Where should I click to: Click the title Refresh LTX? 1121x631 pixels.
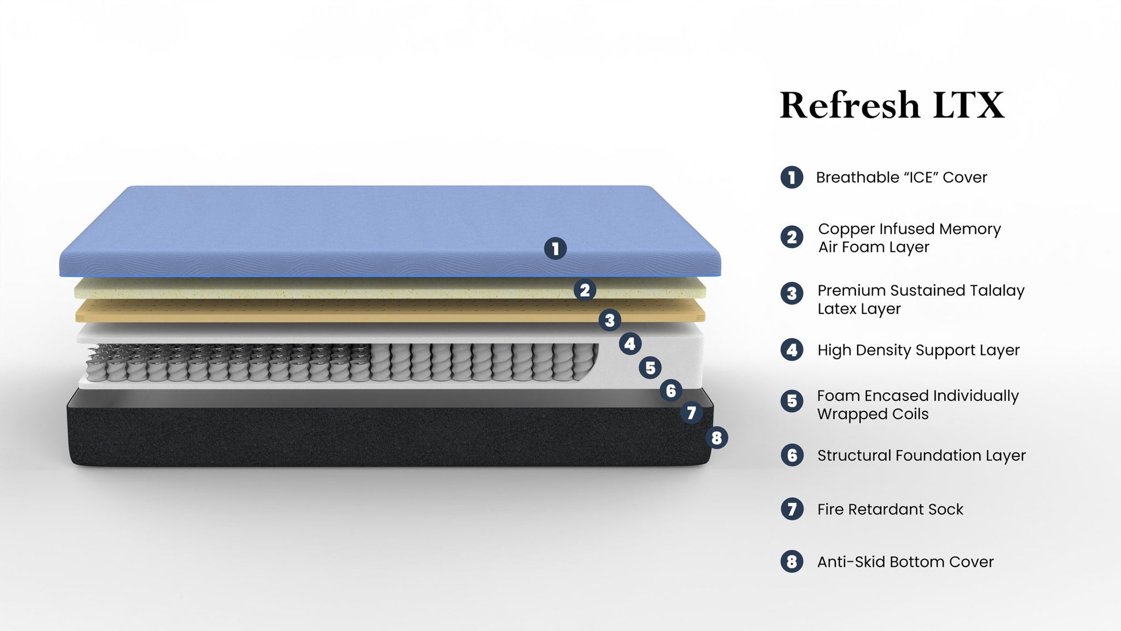click(x=891, y=105)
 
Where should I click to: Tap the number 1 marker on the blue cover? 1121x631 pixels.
click(x=555, y=249)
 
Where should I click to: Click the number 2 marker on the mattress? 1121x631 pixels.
click(x=585, y=290)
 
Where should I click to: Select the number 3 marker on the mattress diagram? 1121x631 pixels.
click(x=609, y=320)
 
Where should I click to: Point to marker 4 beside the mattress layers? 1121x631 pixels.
click(x=630, y=344)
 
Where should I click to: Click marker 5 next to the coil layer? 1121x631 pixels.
click(x=650, y=368)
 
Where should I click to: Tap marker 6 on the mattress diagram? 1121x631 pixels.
click(x=671, y=391)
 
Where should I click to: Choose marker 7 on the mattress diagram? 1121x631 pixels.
click(x=691, y=413)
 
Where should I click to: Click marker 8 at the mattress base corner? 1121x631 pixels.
click(x=717, y=438)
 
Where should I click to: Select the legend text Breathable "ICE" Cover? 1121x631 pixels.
click(x=901, y=177)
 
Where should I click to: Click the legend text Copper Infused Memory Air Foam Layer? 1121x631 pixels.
click(x=909, y=238)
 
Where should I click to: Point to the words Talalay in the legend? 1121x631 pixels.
click(x=996, y=290)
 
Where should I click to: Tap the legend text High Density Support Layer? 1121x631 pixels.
click(x=918, y=350)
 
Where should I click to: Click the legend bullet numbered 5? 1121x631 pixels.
click(x=792, y=401)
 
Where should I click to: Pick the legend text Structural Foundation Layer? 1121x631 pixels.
click(x=921, y=456)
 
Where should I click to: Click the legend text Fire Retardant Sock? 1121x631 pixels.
click(x=890, y=509)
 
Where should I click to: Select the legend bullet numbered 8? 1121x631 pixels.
click(x=792, y=561)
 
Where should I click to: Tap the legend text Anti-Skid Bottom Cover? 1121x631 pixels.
click(x=905, y=562)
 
